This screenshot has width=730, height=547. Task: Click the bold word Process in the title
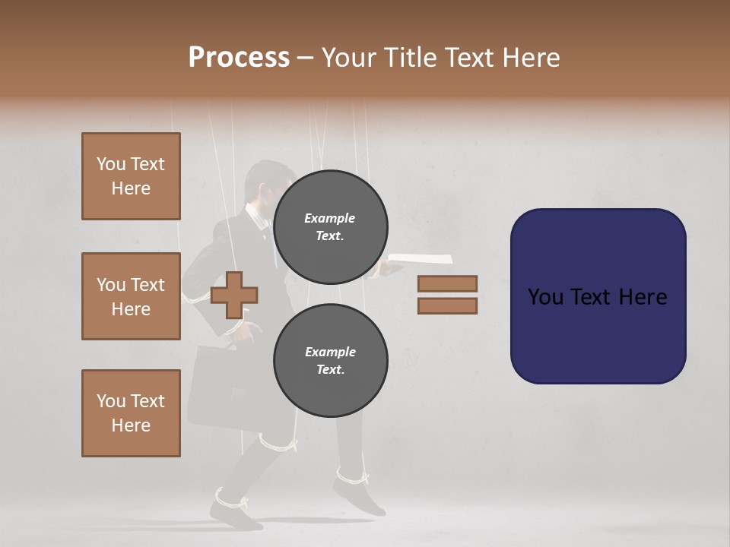pos(239,57)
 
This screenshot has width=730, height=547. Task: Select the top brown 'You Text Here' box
pos(131,176)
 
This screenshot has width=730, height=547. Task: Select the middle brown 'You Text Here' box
pos(131,296)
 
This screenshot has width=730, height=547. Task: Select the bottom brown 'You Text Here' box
pos(131,413)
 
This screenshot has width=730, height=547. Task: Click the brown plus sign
pos(233,295)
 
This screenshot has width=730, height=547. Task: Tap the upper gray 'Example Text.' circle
pos(330,227)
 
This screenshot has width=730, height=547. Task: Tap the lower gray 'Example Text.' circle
pos(330,361)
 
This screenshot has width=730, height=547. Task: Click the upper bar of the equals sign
pos(447,283)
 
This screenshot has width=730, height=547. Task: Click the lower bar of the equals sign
pos(447,306)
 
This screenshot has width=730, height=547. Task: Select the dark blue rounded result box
pos(598,296)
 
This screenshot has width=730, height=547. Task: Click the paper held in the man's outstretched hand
pos(422,259)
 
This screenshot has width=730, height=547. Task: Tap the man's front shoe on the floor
pos(236,517)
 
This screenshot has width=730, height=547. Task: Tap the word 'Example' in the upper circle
pos(329,218)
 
